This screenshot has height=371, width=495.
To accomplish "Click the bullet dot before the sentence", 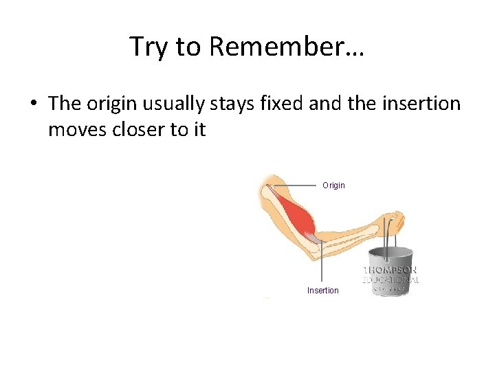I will pyautogui.click(x=33, y=104).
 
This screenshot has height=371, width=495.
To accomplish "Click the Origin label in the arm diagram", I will pyautogui.click(x=333, y=185).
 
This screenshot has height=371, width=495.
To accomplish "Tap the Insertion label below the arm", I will pyautogui.click(x=322, y=291).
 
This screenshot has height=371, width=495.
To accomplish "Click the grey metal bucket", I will pyautogui.click(x=390, y=271).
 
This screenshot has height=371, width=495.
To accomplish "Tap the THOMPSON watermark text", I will pyautogui.click(x=390, y=270).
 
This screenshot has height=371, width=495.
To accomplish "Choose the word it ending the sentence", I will pyautogui.click(x=198, y=129).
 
